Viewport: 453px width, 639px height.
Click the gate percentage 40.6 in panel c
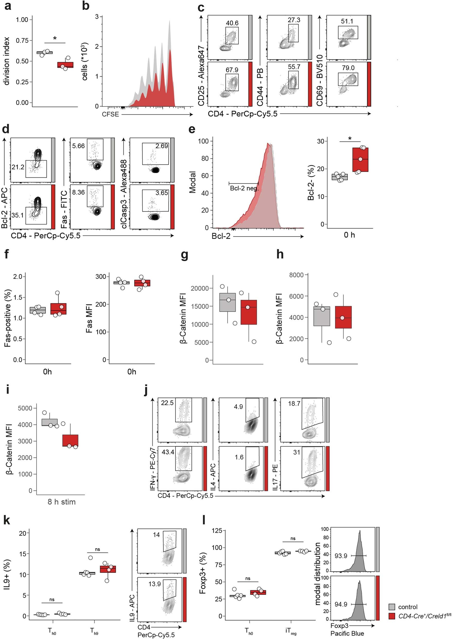(232, 23)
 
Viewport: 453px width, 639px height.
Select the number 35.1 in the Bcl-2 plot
(17, 215)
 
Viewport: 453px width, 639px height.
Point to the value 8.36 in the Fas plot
(79, 192)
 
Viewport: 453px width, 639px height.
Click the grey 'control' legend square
(392, 607)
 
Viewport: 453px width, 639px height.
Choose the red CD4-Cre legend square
(392, 616)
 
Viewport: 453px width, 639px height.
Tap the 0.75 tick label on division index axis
(22, 40)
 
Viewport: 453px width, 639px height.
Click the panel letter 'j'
(146, 390)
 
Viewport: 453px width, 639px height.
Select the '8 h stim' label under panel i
(62, 502)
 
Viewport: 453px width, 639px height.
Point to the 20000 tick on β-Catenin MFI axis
(200, 288)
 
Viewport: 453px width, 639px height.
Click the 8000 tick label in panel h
(296, 275)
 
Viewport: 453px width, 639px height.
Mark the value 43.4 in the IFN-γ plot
(168, 452)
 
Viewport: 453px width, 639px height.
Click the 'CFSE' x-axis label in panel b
(110, 114)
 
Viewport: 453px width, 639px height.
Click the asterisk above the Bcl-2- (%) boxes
(350, 138)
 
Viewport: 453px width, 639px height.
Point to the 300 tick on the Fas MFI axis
(101, 276)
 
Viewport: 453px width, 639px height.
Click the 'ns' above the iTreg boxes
(293, 539)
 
